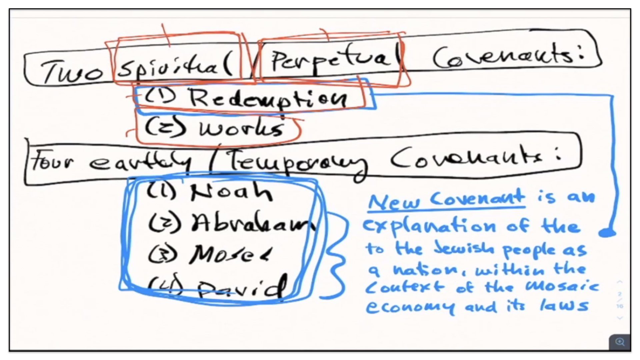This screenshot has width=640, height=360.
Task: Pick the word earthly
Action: (140, 162)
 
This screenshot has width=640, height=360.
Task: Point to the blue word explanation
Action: (430, 227)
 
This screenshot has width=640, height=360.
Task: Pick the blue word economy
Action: (410, 307)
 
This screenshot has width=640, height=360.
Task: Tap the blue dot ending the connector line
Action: (607, 233)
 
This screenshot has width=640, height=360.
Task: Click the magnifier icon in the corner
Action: (620, 342)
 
